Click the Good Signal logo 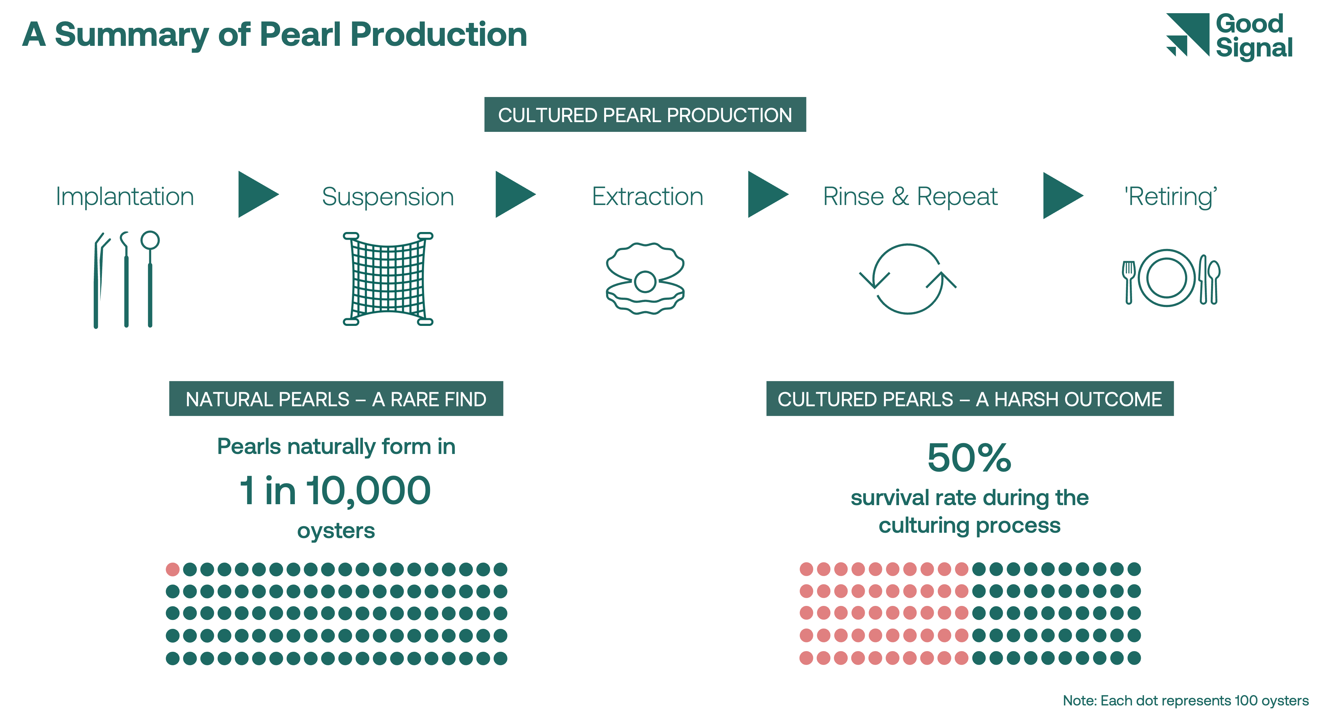(x=1228, y=36)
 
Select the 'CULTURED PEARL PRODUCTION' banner (x=645, y=115)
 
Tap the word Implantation (x=125, y=197)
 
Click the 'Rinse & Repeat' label (x=910, y=197)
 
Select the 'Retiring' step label (x=1170, y=197)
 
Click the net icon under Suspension (x=388, y=279)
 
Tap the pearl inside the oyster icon (x=645, y=282)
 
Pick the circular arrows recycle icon (x=908, y=279)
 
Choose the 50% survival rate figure (x=969, y=458)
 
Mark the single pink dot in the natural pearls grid (x=173, y=570)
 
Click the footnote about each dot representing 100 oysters (x=1185, y=700)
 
